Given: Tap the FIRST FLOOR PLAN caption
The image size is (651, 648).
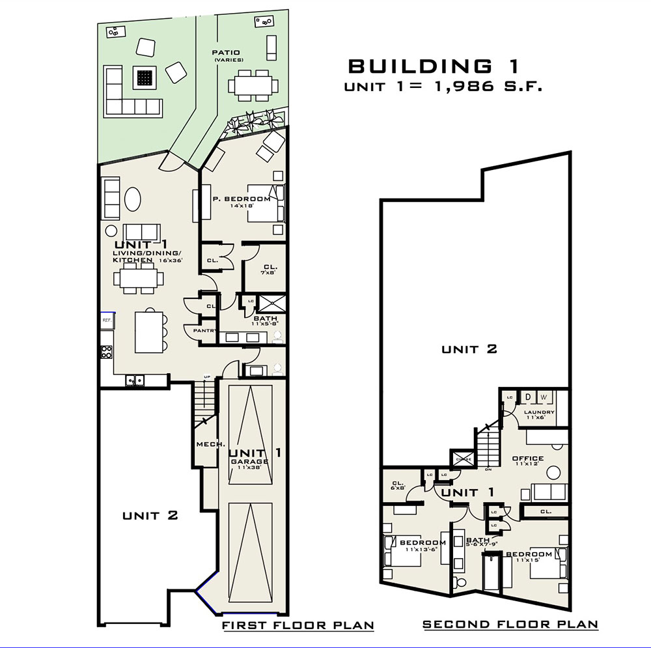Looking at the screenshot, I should pyautogui.click(x=298, y=626).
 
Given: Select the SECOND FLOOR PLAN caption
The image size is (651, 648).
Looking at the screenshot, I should pyautogui.click(x=510, y=625).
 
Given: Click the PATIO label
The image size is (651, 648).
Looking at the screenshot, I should pyautogui.click(x=226, y=52).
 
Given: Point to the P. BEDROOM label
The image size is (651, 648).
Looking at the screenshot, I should pyautogui.click(x=242, y=199).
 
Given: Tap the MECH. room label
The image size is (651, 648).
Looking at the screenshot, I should pyautogui.click(x=211, y=445).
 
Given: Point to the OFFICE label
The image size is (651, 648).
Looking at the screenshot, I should pyautogui.click(x=528, y=458).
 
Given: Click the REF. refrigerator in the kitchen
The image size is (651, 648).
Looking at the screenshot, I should pyautogui.click(x=107, y=321).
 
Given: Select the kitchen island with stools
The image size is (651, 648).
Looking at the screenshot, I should pyautogui.click(x=148, y=330).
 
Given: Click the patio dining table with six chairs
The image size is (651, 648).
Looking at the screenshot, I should pyautogui.click(x=253, y=85).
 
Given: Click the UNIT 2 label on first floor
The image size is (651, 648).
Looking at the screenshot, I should pyautogui.click(x=150, y=516).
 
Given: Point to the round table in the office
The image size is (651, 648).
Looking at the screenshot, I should pyautogui.click(x=554, y=472).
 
